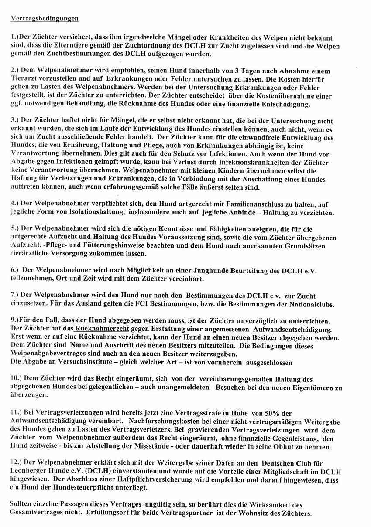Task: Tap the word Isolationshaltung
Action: pos(94,213)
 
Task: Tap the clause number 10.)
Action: pos(17,379)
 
